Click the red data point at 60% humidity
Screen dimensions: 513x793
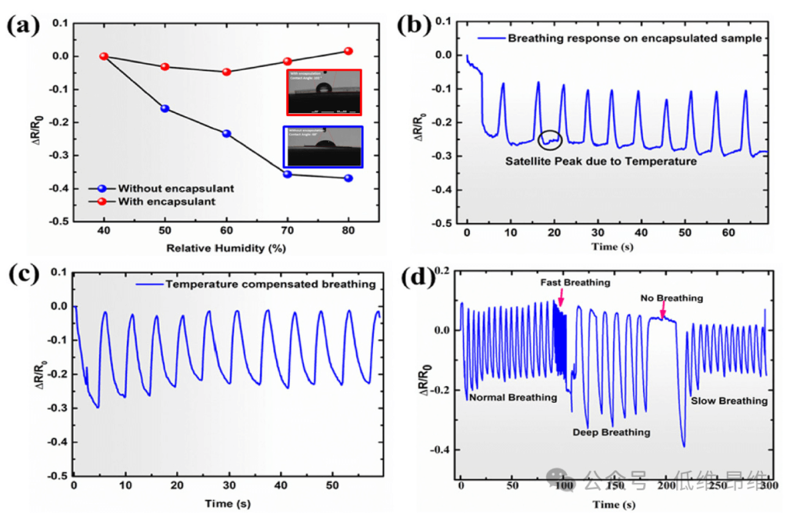pyautogui.click(x=226, y=72)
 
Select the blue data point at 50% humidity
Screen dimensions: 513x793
pyautogui.click(x=165, y=109)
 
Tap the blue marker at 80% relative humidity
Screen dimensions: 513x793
pyautogui.click(x=349, y=178)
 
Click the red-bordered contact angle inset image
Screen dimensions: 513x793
pyautogui.click(x=324, y=92)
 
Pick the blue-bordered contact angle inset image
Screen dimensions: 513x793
pyautogui.click(x=324, y=147)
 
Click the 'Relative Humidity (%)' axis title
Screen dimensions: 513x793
pyautogui.click(x=225, y=248)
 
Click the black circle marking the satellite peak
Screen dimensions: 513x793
pyautogui.click(x=550, y=139)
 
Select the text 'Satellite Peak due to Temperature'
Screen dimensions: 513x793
pyautogui.click(x=601, y=161)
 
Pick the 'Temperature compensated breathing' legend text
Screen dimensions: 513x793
pyautogui.click(x=269, y=284)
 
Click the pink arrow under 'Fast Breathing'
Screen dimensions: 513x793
pyautogui.click(x=560, y=298)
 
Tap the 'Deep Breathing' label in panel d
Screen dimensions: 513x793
pyautogui.click(x=611, y=432)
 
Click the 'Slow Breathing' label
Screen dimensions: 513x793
pyautogui.click(x=728, y=401)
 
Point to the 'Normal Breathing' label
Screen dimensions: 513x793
pyautogui.click(x=512, y=397)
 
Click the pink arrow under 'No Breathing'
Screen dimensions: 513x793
pyautogui.click(x=663, y=314)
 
